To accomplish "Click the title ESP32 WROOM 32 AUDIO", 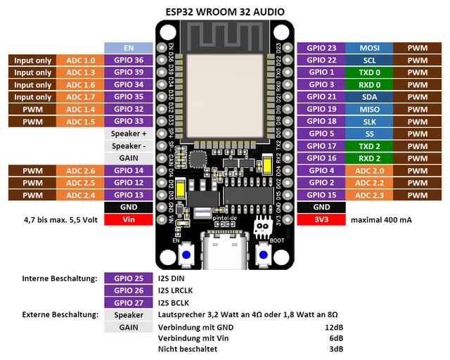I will click(224, 11).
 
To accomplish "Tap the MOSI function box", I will click(369, 48).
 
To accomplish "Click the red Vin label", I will click(129, 219).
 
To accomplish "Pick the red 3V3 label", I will click(321, 219).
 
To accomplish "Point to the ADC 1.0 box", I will click(80, 60).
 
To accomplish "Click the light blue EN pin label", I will click(129, 48).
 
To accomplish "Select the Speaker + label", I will click(129, 134).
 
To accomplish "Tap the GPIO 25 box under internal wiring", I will click(129, 278).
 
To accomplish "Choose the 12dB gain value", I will click(335, 327).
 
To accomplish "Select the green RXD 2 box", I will click(369, 158).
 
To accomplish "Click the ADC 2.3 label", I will click(369, 195).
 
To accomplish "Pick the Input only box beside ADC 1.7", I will click(32, 97).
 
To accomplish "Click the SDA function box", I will click(369, 97).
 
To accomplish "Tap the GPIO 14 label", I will click(129, 170).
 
